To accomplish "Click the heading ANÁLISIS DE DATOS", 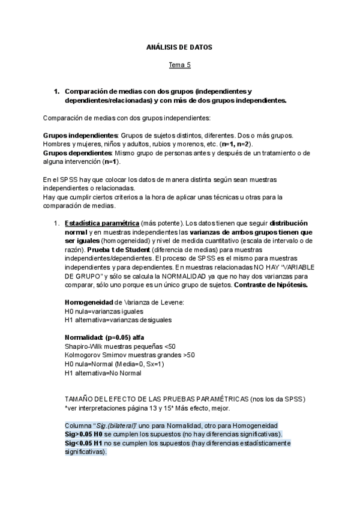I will click(x=179, y=47).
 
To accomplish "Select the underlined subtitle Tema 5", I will click(x=179, y=64).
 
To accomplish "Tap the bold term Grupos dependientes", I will click(x=77, y=153).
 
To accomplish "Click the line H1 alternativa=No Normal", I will click(x=103, y=373).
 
